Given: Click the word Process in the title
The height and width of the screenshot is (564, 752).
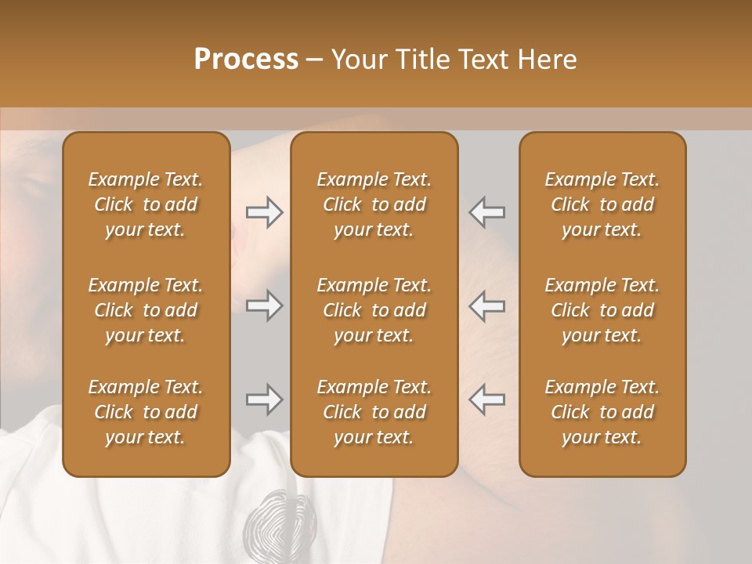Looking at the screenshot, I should pyautogui.click(x=246, y=60).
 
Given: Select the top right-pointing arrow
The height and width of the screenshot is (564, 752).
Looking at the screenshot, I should pyautogui.click(x=265, y=211).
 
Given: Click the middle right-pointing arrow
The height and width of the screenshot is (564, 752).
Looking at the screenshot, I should pyautogui.click(x=265, y=306).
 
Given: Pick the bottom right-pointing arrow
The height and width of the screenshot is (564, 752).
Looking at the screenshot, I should pyautogui.click(x=265, y=400).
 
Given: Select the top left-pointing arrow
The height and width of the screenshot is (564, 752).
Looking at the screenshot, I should pyautogui.click(x=486, y=211).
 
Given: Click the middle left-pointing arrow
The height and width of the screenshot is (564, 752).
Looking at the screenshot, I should pyautogui.click(x=486, y=306).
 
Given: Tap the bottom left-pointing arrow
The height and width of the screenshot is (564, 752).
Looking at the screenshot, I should pyautogui.click(x=486, y=400).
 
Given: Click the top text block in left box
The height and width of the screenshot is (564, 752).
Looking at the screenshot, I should pyautogui.click(x=146, y=204).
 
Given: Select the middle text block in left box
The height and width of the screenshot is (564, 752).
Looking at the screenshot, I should pyautogui.click(x=146, y=310).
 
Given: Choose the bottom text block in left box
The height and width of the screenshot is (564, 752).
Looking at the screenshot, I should pyautogui.click(x=146, y=412).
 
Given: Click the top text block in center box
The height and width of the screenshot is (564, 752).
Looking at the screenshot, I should pyautogui.click(x=374, y=204).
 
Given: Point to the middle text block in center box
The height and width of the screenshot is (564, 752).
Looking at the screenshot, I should pyautogui.click(x=374, y=310).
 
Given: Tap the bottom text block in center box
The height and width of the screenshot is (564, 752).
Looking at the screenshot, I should pyautogui.click(x=374, y=412).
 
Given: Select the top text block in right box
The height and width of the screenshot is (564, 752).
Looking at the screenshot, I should pyautogui.click(x=602, y=204).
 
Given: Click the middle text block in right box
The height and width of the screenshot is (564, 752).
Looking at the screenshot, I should pyautogui.click(x=602, y=310).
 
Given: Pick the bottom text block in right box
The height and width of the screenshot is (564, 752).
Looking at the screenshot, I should pyautogui.click(x=602, y=412).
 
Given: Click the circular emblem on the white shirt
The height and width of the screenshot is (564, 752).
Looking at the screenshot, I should pyautogui.click(x=270, y=521).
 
